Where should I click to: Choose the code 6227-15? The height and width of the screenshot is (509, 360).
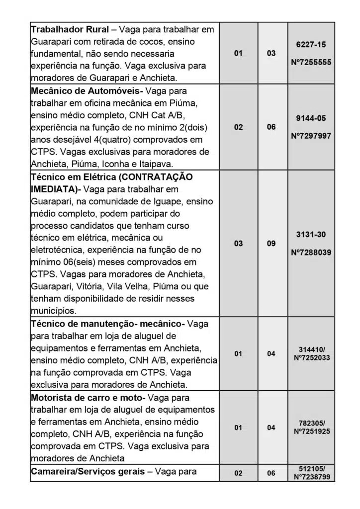point(311,45)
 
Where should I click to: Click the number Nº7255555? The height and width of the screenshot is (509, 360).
point(311,63)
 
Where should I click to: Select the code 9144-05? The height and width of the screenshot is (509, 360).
point(311,118)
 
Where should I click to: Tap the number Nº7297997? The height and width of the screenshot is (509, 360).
point(311,136)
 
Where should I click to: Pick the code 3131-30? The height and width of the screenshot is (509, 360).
point(311,234)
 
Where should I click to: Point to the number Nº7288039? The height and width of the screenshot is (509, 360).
point(311,252)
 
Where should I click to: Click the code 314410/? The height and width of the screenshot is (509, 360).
point(311,349)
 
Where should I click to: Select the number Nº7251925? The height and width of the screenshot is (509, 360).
point(312,431)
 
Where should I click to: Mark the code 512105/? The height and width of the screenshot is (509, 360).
point(312,469)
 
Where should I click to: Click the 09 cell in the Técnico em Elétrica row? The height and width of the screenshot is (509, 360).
point(271,244)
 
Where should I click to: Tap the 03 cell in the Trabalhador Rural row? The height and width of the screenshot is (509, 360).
point(271,53)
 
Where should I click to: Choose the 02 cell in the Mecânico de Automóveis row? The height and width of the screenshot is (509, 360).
point(239,127)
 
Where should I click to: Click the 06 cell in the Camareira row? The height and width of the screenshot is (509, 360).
point(271,473)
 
